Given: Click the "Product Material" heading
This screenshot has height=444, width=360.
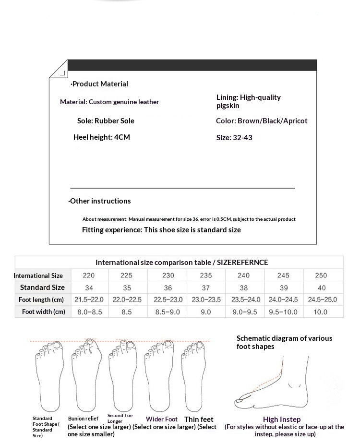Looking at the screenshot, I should [x=100, y=84].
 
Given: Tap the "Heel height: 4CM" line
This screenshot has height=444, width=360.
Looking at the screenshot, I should [x=101, y=137].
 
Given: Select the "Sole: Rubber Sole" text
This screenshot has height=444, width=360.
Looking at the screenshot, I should [x=106, y=121].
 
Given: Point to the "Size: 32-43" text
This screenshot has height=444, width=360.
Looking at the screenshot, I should [x=234, y=138].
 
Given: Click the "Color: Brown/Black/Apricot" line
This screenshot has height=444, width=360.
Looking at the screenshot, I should [x=262, y=121].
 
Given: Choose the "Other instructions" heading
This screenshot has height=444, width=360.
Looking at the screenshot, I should [x=100, y=201].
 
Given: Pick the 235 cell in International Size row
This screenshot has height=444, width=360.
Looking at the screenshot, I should [x=205, y=276].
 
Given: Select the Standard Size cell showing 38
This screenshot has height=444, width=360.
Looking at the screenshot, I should [x=244, y=288].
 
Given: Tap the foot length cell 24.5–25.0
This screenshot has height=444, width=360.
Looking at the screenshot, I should [x=321, y=300].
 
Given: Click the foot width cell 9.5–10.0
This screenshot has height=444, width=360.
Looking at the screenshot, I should [x=283, y=312].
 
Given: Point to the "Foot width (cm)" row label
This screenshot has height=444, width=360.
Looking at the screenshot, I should [x=43, y=312].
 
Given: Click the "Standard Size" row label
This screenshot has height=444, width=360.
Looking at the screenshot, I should [x=42, y=288].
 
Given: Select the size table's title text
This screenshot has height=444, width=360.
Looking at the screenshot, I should [x=181, y=263].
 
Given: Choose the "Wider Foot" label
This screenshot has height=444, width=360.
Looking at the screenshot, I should [x=162, y=420].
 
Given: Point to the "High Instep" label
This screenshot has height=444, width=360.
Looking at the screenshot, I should [x=282, y=420].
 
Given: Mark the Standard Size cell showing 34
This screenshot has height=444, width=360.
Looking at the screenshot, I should [x=89, y=288].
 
